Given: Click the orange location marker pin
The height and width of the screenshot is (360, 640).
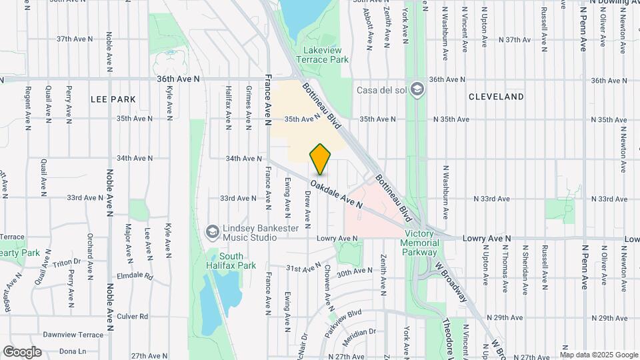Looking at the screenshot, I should coord(321,159).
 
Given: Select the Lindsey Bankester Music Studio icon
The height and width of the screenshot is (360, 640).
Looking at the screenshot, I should coord(213,231).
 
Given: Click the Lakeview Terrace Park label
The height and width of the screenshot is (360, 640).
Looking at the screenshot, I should coord(325,55).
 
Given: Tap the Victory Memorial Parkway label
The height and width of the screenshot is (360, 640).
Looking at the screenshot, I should coord(420,243).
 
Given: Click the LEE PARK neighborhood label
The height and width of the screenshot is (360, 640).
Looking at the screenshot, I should coord(113,99).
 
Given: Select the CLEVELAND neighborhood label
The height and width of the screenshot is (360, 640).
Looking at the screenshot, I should coord(496,97).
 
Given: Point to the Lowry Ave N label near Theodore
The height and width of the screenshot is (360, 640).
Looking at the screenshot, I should coord(488,238).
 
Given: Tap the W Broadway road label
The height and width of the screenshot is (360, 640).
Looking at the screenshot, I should coord(449,280).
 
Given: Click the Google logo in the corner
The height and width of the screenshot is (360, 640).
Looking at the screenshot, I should coord(22,351).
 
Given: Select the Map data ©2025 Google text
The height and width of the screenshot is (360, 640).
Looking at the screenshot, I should coord(600,355).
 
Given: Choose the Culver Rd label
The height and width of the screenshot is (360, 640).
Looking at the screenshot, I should coord(135,317).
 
